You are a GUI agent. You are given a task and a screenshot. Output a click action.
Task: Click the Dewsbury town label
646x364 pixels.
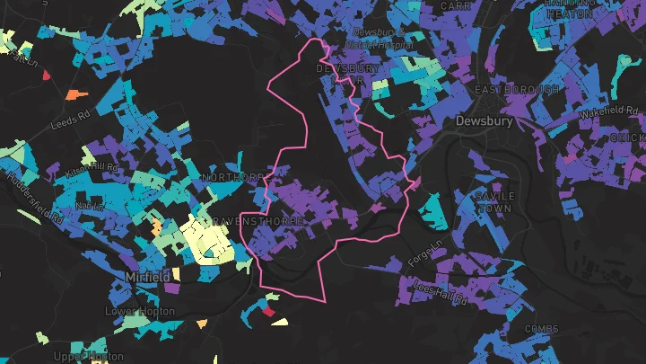click(484, 120)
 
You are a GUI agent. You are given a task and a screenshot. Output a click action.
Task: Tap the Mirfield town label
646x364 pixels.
click(148, 277)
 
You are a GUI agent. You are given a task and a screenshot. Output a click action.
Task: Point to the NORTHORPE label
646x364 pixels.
click(231, 178)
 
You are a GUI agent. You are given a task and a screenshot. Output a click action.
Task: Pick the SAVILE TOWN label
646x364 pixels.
click(494, 201)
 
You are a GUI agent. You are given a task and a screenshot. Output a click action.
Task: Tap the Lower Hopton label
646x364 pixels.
click(139, 311)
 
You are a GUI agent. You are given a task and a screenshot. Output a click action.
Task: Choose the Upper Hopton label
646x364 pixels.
click(88, 357)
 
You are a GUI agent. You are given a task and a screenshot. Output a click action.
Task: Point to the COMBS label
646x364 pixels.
click(541, 329)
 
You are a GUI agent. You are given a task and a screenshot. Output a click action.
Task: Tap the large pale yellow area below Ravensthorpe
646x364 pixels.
click(209, 237)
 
